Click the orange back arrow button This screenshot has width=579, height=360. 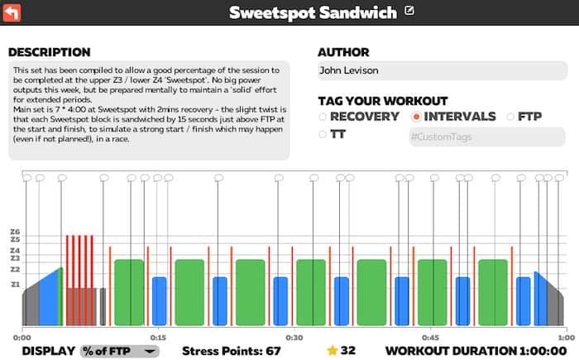pos(13,12)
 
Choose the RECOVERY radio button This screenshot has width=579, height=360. pos(323,117)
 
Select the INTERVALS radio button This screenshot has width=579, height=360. pos(416,117)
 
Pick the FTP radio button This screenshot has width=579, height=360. pos(510,117)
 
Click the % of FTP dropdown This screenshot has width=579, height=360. pos(119,350)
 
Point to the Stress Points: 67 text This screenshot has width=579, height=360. pos(232,351)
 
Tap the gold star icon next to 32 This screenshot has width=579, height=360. pos(333,350)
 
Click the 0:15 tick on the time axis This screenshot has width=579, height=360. pos(158,337)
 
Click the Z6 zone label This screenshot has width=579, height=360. pos(14,232)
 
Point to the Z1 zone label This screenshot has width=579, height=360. pos(14,284)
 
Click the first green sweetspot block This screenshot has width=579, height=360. pos(129,292)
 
